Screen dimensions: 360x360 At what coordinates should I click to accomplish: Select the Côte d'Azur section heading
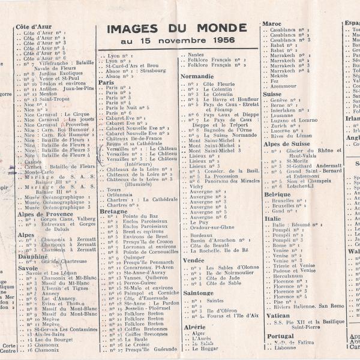point(34,27)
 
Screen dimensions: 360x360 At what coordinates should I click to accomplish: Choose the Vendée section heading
point(193,261)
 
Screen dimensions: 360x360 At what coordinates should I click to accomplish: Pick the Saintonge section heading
point(197,293)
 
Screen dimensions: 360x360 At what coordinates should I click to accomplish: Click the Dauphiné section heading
point(32,256)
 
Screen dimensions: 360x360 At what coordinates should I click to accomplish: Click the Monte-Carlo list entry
point(39,171)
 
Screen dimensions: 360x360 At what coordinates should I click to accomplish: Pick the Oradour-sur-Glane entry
point(212,227)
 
